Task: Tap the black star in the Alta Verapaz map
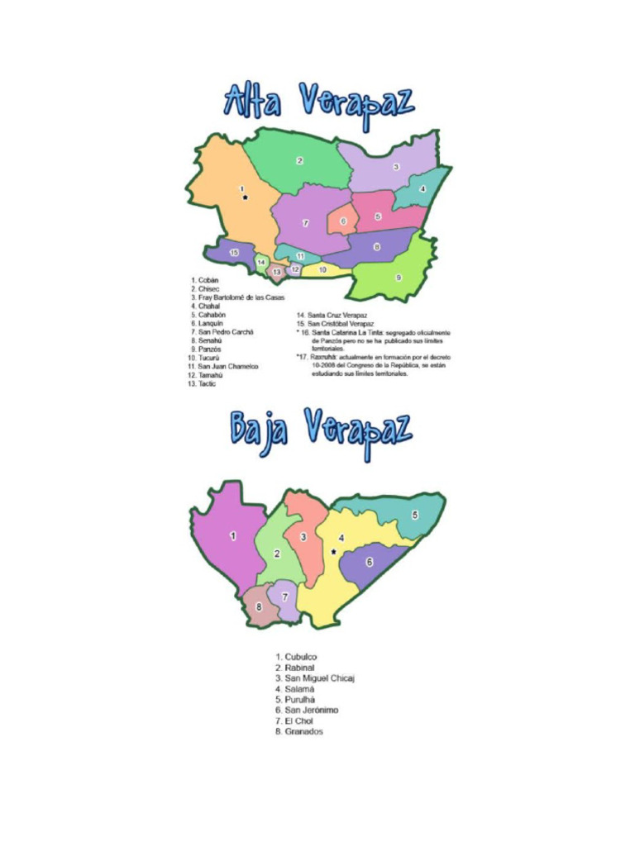245,197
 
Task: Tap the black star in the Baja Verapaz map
333,551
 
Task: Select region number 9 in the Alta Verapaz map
398,277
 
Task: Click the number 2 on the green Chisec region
299,160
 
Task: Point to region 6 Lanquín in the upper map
342,221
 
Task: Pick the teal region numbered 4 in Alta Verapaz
423,189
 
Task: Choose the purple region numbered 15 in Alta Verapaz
234,251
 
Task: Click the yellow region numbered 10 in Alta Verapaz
322,269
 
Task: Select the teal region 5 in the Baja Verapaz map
414,514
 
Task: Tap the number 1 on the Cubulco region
232,535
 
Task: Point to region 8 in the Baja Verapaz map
259,607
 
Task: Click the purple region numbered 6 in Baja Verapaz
369,562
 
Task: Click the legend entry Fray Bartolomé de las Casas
240,297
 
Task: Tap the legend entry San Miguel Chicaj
315,677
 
